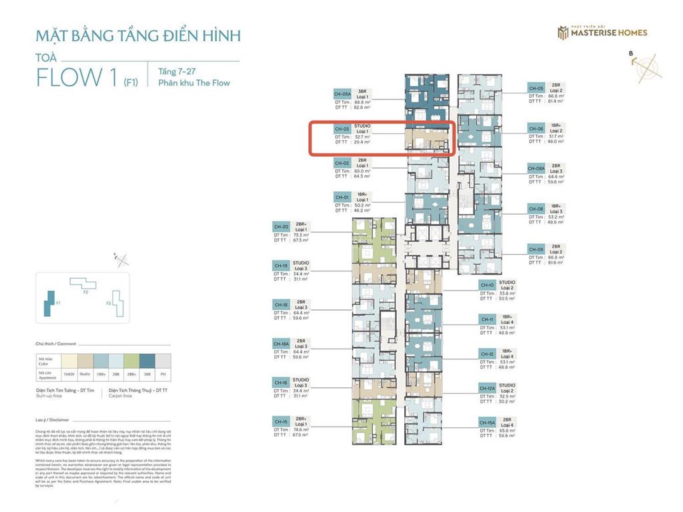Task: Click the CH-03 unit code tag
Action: click(x=341, y=129)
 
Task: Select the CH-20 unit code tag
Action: click(x=280, y=227)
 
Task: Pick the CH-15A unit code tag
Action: click(x=487, y=422)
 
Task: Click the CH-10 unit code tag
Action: click(x=487, y=285)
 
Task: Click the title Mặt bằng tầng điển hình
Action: click(x=138, y=35)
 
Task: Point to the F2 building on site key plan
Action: click(x=83, y=285)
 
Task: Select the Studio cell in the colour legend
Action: click(x=85, y=374)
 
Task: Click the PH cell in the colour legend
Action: click(x=162, y=374)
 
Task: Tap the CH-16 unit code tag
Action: click(x=280, y=383)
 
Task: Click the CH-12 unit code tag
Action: click(x=487, y=354)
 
